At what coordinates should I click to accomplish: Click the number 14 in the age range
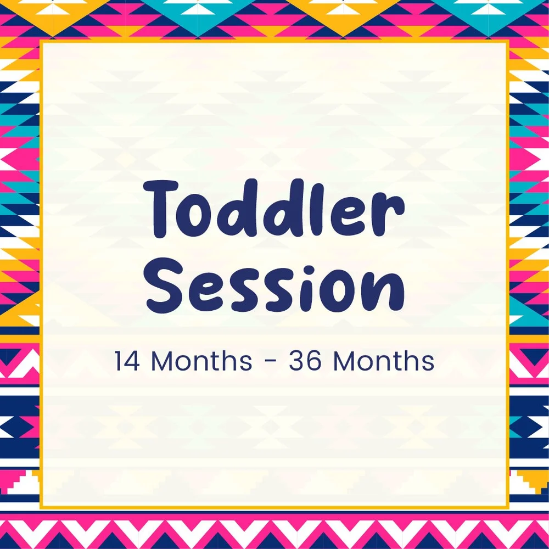tap(128, 361)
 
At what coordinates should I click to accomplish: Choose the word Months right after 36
tap(383, 361)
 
